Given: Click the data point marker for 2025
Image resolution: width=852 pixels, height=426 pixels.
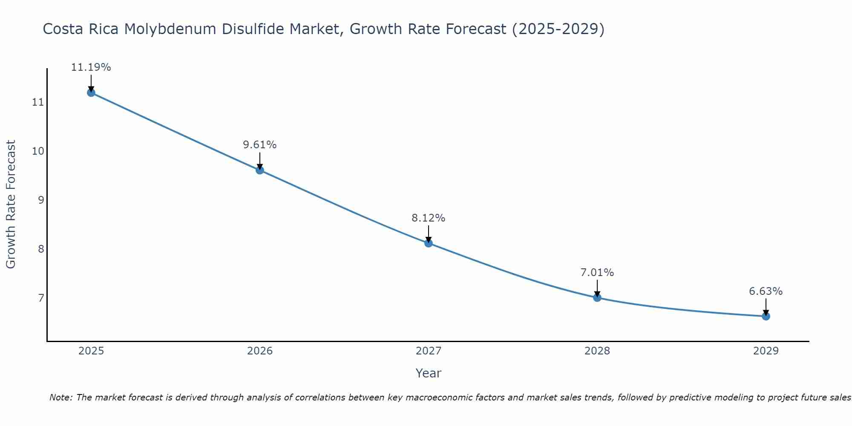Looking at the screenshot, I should point(91,92).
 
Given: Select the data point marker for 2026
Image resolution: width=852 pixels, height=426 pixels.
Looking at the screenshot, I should point(260,170).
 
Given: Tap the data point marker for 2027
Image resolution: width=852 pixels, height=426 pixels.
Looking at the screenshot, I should point(429,243).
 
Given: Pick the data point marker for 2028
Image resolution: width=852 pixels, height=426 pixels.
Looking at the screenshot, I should point(597,297).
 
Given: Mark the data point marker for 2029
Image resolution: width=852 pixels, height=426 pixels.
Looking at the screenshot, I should point(766,316).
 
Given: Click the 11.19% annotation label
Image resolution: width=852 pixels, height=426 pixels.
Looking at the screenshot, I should point(91,67).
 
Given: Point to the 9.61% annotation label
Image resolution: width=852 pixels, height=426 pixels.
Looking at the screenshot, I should point(260,145).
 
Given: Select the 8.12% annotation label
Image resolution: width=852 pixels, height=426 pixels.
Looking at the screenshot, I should point(429,218).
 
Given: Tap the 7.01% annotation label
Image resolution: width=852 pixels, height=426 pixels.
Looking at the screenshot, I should point(597,273).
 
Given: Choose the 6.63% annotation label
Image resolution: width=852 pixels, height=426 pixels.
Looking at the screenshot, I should point(766,291).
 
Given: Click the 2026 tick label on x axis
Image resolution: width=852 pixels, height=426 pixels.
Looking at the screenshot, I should point(260,351).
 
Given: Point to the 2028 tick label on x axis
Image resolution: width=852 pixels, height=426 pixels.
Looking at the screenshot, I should point(597,351).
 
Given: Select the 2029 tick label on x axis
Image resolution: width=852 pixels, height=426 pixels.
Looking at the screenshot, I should point(766,351).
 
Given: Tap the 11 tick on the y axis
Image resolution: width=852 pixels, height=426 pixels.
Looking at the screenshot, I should point(38,102).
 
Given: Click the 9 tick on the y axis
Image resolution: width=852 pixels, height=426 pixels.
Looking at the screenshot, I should point(41,200).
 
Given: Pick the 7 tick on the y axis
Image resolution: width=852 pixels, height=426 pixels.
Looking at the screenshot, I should point(41,297).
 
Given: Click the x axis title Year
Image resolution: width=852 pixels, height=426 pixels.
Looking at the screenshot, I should point(429,373).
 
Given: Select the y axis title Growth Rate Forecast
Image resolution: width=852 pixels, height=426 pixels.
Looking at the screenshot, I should point(11,204).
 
